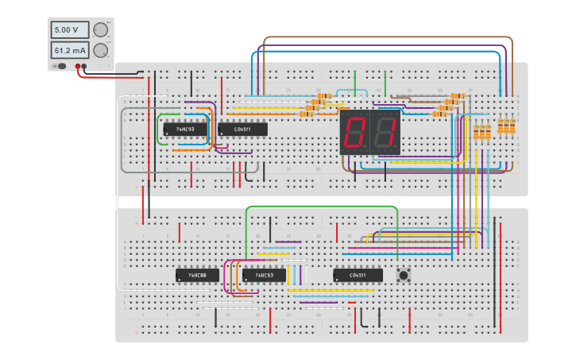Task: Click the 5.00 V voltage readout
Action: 65,30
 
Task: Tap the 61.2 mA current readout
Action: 65,50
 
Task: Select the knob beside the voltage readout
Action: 100,30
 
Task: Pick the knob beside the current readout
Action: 100,50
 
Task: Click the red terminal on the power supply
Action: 78,66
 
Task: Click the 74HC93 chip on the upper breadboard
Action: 185,129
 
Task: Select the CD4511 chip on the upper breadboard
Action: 242,129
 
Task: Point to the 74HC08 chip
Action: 196,275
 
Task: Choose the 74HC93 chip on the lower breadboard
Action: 264,275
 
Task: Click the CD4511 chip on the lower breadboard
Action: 358,275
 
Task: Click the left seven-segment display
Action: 355,132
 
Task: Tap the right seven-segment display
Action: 385,132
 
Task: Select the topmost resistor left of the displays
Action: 323,96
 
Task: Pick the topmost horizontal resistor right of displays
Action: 457,96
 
